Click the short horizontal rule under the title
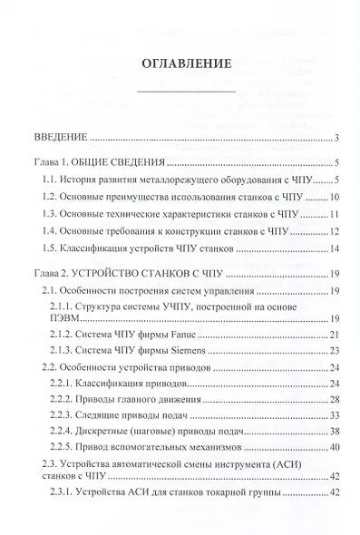coord(185,92)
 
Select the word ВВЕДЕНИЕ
coord(52,138)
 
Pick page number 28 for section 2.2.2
coord(335,401)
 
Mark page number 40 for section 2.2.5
coord(335,450)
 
